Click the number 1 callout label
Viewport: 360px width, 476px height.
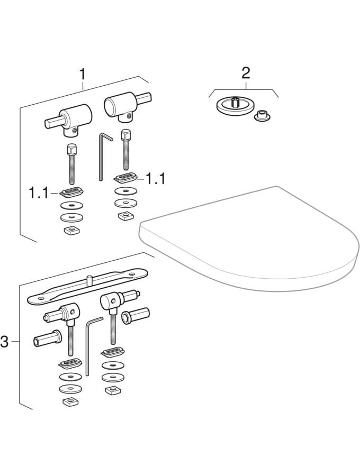click(83, 74)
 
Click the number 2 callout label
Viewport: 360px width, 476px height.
click(246, 74)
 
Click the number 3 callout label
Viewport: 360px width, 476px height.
click(5, 342)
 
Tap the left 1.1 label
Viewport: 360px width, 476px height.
click(39, 193)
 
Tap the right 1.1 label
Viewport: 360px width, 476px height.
click(156, 179)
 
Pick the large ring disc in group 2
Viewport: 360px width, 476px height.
click(235, 106)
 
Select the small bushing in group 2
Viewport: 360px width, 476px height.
click(262, 116)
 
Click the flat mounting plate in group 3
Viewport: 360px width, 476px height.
click(87, 286)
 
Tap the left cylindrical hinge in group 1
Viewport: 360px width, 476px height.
click(69, 120)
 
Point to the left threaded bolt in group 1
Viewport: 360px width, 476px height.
click(71, 164)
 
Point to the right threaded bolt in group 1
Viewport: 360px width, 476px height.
click(126, 150)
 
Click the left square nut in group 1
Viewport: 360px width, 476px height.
click(71, 230)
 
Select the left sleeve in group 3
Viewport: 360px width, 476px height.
click(47, 337)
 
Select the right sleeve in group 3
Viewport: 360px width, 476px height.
click(136, 316)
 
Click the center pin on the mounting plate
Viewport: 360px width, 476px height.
click(89, 280)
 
